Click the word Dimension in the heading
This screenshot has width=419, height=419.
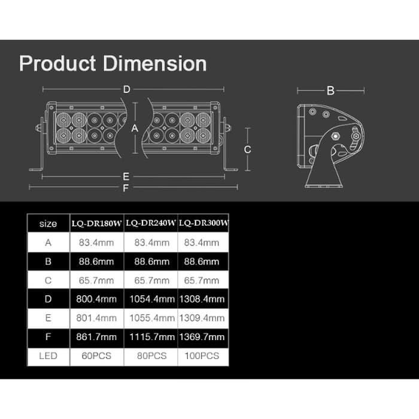pyautogui.click(x=154, y=63)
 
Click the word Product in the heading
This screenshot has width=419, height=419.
pyautogui.click(x=57, y=63)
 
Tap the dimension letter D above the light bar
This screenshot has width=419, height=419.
pyautogui.click(x=127, y=89)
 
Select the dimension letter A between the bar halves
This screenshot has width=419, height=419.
pyautogui.click(x=135, y=128)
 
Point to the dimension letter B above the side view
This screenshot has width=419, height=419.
pyautogui.click(x=330, y=91)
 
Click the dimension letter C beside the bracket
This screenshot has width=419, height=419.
pyautogui.click(x=247, y=150)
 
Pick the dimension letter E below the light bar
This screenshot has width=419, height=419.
pyautogui.click(x=126, y=177)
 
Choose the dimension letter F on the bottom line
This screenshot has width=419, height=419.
pyautogui.click(x=126, y=188)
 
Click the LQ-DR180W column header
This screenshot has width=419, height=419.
pyautogui.click(x=96, y=223)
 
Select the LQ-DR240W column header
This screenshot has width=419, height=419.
pyautogui.click(x=151, y=223)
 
